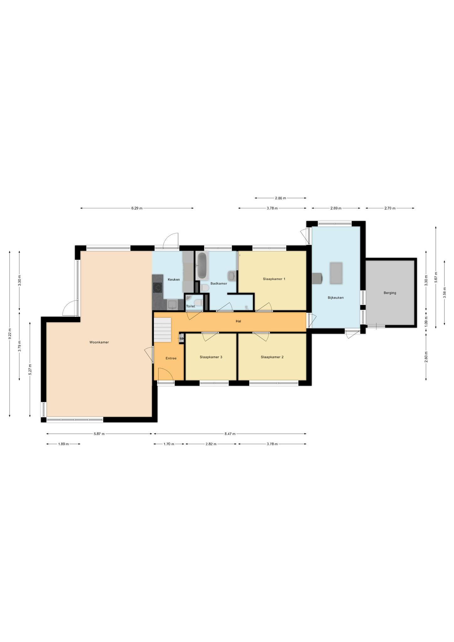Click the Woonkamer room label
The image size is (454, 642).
(x=99, y=342)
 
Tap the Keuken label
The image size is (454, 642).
(x=174, y=279)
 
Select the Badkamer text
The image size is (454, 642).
(x=219, y=283)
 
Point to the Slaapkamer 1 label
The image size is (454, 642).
(x=274, y=279)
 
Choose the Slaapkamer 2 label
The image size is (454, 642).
(x=272, y=357)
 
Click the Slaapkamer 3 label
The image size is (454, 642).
(x=211, y=357)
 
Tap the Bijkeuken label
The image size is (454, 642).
(x=336, y=297)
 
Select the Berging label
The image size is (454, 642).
(x=390, y=293)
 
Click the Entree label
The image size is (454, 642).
(x=171, y=358)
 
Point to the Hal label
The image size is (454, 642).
(x=239, y=321)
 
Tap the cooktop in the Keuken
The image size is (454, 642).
(x=157, y=287)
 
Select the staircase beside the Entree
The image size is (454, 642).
(x=162, y=330)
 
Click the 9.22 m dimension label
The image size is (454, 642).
(x=10, y=334)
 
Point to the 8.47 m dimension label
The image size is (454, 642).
(x=230, y=434)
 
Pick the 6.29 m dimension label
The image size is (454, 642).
(x=137, y=208)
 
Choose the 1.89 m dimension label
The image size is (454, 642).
(x=63, y=444)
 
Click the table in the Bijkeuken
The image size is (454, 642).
(x=336, y=273)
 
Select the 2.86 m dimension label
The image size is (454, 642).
(x=280, y=198)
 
